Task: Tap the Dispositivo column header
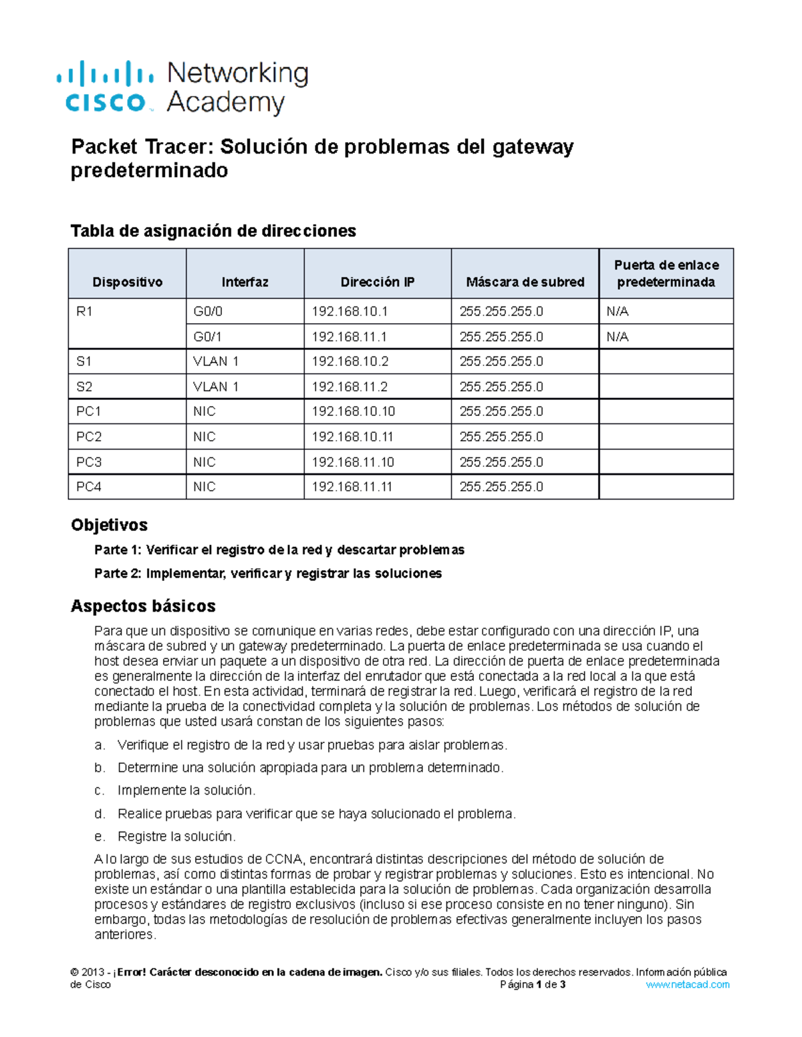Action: [x=127, y=282]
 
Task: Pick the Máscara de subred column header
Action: [x=525, y=282]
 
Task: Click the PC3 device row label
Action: [x=89, y=462]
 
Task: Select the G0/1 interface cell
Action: [x=208, y=337]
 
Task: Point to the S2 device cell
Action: [x=84, y=387]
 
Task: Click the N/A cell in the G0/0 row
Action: [x=618, y=311]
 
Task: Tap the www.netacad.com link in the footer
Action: [x=688, y=984]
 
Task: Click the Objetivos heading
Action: [x=109, y=525]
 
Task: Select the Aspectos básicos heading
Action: [x=143, y=606]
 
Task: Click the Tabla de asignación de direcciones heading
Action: [x=213, y=230]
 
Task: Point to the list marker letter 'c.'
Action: [x=100, y=791]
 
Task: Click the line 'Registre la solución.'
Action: [x=176, y=836]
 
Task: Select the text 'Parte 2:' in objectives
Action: [x=118, y=573]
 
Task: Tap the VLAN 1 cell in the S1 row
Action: [x=216, y=361]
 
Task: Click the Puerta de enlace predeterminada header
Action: [x=666, y=274]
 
